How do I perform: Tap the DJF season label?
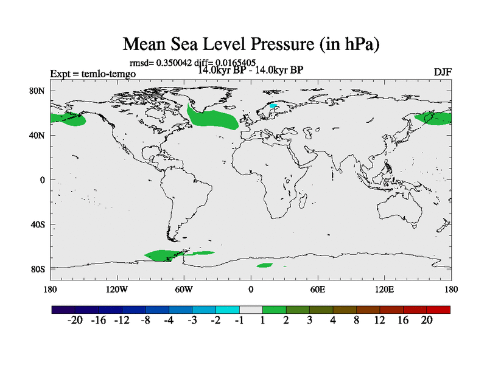click(443, 72)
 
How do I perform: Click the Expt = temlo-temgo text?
click(93, 74)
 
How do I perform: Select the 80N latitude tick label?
click(38, 91)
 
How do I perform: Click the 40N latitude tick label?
click(38, 135)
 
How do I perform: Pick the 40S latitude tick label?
click(38, 224)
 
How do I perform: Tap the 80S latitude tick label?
click(38, 269)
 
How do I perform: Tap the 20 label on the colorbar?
click(427, 321)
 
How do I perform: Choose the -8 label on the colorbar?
click(145, 321)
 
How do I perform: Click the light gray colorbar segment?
click(251, 310)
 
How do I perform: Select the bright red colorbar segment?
click(438, 310)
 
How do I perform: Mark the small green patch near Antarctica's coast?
click(264, 265)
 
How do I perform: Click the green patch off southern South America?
click(167, 255)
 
